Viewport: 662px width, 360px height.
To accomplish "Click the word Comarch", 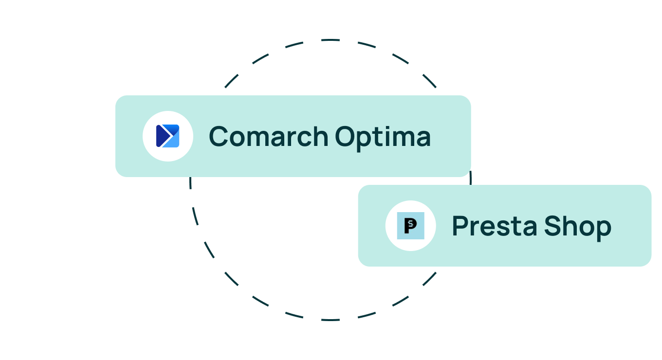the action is [269, 136].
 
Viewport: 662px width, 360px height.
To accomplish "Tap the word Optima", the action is [383, 139].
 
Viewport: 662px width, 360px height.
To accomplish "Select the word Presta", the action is [495, 226].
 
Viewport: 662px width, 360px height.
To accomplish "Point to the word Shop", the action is [578, 228].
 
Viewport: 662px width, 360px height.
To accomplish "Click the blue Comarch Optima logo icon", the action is [167, 136].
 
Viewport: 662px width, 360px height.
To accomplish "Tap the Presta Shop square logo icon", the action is [410, 226].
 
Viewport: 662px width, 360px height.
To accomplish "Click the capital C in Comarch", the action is [219, 136].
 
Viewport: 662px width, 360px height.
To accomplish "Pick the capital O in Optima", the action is [345, 136].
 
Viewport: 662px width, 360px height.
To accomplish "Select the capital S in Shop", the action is [552, 226].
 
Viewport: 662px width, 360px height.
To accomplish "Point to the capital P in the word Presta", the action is [460, 226].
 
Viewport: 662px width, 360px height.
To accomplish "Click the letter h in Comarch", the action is [320, 136].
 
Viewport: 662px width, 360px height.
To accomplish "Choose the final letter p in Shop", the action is [603, 231].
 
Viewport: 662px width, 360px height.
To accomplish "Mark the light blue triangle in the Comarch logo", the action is [172, 142].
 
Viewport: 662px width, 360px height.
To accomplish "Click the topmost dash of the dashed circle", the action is [331, 40].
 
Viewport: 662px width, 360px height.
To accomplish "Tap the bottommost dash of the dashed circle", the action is [331, 320].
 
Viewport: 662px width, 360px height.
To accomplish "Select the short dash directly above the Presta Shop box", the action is [470, 178].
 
